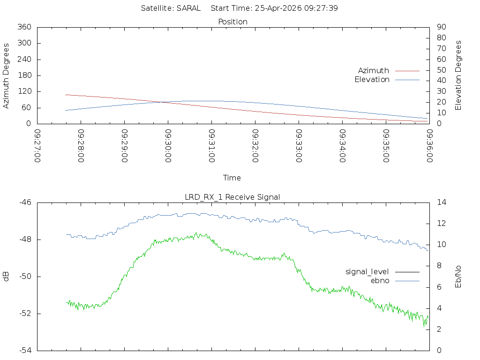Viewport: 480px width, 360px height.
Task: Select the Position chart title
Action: tap(232, 22)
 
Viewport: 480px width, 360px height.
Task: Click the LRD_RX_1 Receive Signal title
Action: tap(232, 197)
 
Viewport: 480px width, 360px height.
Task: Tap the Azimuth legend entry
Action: tap(374, 70)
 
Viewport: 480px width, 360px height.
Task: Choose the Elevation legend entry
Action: tap(372, 80)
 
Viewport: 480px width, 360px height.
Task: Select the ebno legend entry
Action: tap(380, 280)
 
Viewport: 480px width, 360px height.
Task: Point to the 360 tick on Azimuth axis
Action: tap(24, 27)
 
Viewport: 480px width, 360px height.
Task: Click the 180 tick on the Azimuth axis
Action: tap(24, 75)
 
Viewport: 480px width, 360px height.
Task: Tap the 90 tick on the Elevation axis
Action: tap(441, 27)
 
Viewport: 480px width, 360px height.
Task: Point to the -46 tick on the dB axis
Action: tap(25, 202)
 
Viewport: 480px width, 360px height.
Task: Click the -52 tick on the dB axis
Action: tap(25, 314)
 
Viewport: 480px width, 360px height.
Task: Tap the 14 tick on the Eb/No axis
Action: tap(442, 202)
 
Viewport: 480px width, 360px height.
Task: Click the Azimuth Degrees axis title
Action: tap(7, 75)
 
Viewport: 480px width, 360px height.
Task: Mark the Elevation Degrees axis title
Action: tap(458, 75)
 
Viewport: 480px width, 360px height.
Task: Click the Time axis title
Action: tap(232, 178)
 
